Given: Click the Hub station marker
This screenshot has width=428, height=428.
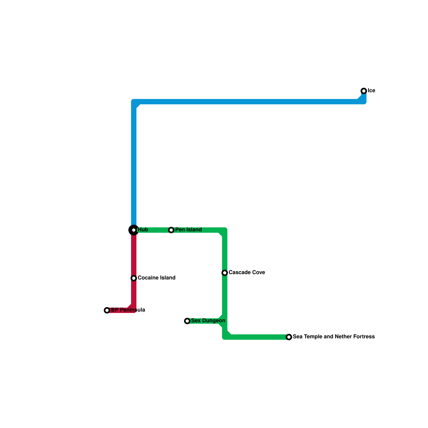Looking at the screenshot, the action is coord(134,230).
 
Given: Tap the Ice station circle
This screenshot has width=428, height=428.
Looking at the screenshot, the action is coord(364,91).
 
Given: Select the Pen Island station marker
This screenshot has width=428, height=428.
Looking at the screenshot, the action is coord(171,230).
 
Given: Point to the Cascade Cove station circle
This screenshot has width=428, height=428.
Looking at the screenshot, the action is coord(225,273).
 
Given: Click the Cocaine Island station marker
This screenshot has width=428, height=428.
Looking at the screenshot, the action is coord(134,278).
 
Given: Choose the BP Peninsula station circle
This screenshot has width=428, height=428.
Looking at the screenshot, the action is coord(107,310).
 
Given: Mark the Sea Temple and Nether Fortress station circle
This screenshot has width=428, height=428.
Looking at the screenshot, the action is coord(289,337).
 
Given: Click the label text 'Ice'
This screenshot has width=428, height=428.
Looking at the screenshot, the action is coord(371,91).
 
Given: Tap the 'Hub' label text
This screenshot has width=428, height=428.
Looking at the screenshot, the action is coord(143,230).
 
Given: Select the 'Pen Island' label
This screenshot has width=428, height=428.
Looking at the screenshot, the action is coord(188,230).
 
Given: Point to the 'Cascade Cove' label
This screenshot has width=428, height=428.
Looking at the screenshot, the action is coord(247,273).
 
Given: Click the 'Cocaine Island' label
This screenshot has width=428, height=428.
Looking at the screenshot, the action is coord(156,278).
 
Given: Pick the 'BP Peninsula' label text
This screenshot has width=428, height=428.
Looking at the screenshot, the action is coord(128,310).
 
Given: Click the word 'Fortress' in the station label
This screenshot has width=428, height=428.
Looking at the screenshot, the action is coord(364,337).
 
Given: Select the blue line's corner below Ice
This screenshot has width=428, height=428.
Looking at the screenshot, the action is coord(364,102).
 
